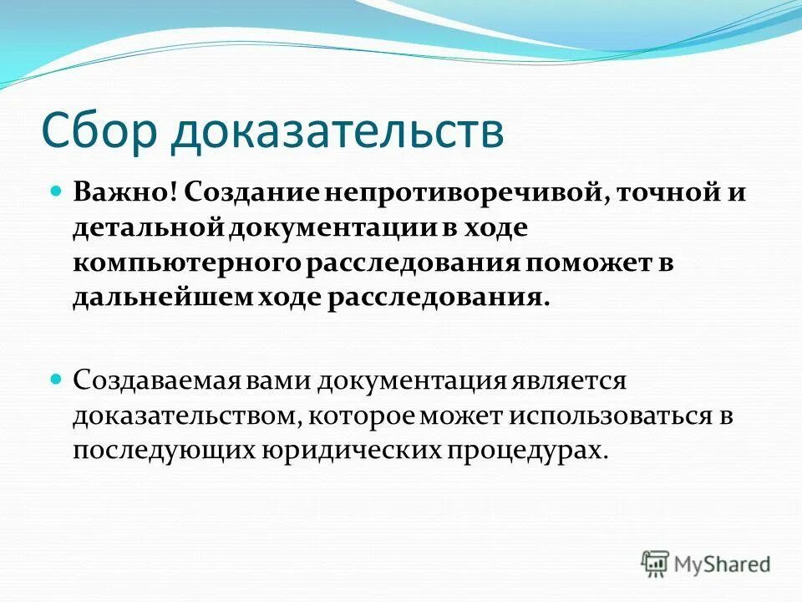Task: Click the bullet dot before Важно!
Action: pos(57,191)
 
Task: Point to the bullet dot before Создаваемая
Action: pos(57,379)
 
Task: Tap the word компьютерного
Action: pos(185,263)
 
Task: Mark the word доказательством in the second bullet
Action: pos(185,416)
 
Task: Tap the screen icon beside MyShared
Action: pos(656,564)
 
